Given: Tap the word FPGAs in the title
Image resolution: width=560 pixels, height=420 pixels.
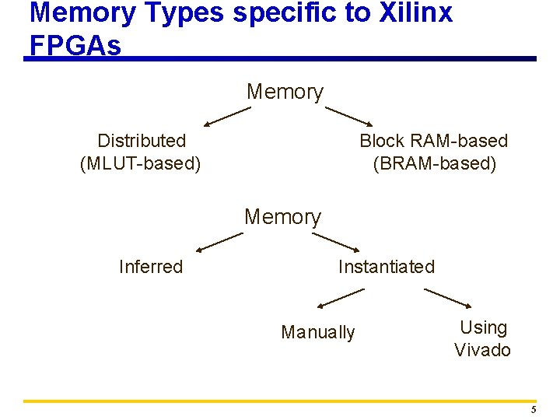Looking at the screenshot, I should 75,46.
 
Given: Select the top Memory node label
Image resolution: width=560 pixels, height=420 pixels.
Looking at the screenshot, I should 285,92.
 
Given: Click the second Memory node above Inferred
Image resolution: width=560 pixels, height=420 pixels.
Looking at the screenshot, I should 282,217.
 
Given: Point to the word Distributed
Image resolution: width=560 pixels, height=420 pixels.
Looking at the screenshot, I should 142,141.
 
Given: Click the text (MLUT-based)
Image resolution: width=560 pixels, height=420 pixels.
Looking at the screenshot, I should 141,164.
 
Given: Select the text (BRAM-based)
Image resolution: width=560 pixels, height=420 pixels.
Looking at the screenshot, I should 434,164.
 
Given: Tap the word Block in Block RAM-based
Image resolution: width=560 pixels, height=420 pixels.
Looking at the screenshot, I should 381,141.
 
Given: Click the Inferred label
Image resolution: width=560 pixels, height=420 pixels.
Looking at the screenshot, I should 151,267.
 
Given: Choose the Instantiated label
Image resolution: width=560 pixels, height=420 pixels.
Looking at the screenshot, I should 387,267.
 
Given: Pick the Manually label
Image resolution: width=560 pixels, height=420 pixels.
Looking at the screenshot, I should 317,333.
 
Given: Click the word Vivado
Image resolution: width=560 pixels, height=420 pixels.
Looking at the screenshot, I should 482,350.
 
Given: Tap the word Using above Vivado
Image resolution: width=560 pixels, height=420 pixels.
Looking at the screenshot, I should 483,327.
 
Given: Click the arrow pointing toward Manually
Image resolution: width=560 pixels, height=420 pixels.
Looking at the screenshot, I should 341,298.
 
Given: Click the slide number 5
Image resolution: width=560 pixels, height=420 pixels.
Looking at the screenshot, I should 534,410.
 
